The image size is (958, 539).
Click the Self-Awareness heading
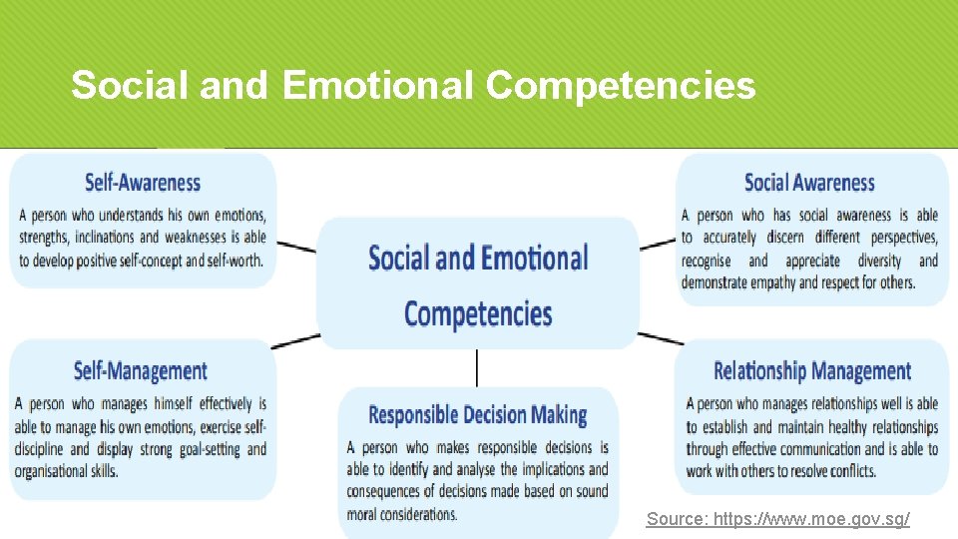click(143, 183)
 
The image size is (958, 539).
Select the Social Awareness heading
click(809, 183)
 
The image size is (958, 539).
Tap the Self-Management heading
click(141, 371)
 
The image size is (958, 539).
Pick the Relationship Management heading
click(812, 371)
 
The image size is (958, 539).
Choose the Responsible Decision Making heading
click(478, 414)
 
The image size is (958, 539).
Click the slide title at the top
click(413, 86)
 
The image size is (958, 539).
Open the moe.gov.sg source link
click(778, 519)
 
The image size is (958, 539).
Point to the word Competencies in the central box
click(478, 313)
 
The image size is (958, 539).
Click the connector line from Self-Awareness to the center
click(296, 246)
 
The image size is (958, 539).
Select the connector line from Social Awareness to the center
click(658, 243)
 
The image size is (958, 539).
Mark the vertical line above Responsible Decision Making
click(477, 367)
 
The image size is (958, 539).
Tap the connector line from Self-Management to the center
click(296, 340)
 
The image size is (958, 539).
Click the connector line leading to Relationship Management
click(661, 338)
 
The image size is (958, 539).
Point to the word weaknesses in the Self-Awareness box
click(198, 238)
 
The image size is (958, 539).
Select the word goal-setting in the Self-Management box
click(211, 449)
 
